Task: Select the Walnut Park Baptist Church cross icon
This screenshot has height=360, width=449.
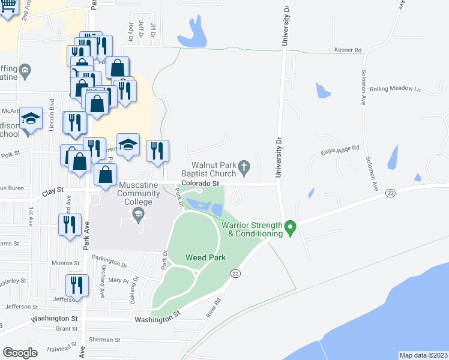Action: click(244, 166)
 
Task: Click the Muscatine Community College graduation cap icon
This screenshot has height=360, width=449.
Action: click(138, 214)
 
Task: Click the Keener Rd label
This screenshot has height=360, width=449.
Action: click(348, 51)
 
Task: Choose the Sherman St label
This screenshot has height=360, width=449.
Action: click(104, 340)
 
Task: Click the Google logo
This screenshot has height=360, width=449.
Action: click(20, 352)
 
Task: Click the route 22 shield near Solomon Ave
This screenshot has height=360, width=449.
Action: click(391, 193)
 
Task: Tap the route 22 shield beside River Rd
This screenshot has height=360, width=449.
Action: click(234, 274)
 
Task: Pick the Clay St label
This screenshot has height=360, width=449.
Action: click(53, 191)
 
